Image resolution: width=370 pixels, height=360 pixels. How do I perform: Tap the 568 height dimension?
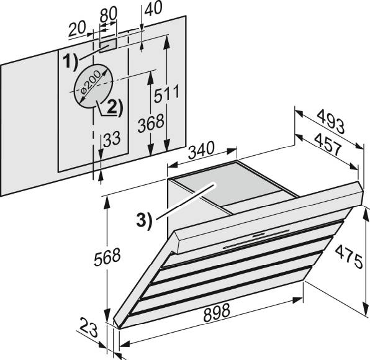coord(107,257)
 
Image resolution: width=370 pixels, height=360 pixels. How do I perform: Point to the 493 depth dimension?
coord(331,122)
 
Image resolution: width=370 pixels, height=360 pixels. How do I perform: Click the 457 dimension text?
coord(328,144)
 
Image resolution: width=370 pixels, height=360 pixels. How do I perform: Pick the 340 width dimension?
coord(201,150)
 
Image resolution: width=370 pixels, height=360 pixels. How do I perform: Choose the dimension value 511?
coord(166,94)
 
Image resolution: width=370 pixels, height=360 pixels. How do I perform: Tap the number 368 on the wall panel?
coord(151,123)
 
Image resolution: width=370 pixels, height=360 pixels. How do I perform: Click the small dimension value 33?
coord(112,138)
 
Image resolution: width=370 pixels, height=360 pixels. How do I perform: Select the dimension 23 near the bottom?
coord(89,327)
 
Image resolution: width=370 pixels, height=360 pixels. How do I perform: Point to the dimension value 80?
coord(108,14)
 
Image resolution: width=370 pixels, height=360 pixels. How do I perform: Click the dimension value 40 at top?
coord(153,8)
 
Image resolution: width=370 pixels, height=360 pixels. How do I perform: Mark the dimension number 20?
coord(77,29)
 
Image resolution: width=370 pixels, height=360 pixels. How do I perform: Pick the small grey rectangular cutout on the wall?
coord(108,45)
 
